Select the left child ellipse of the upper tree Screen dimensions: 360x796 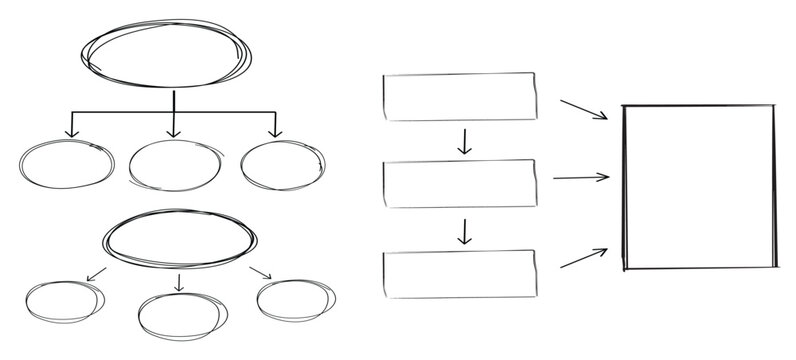point(67,165)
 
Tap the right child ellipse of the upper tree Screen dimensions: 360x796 point(281,164)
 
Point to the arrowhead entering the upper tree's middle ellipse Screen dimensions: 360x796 point(173,132)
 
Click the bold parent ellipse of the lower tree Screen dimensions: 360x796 point(179,239)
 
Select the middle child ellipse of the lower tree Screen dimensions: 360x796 point(178,315)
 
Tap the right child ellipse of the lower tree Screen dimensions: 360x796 point(294,298)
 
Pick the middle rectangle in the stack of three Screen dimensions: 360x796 point(459,182)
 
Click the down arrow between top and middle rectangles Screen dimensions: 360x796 point(463,141)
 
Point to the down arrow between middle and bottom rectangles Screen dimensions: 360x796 point(463,231)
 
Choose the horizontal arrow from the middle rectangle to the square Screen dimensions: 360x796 point(580,178)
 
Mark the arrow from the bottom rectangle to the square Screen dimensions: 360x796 point(584,258)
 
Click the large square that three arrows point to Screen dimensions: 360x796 point(699,187)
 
